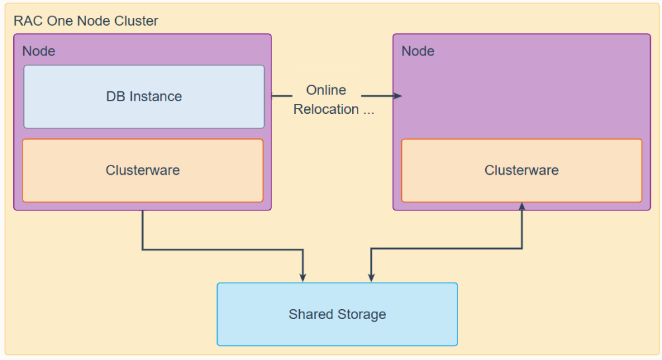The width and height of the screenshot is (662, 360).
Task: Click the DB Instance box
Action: [144, 97]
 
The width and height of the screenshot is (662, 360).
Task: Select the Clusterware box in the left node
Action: [143, 171]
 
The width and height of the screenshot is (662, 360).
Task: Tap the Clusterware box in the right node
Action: [522, 171]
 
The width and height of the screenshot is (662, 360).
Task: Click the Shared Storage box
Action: [338, 314]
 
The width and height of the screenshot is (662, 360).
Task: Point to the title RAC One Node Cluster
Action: [85, 21]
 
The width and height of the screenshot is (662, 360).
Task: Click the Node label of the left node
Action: [39, 51]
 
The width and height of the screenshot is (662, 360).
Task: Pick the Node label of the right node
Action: [418, 51]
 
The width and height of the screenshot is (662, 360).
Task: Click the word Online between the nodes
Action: [326, 90]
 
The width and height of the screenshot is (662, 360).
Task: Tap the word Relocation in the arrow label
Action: [326, 109]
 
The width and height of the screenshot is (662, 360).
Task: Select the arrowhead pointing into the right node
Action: [398, 96]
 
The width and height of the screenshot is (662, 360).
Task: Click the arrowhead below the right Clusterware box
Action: [522, 206]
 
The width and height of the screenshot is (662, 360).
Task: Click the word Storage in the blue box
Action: [361, 314]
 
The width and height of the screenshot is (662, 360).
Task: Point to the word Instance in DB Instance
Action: [156, 97]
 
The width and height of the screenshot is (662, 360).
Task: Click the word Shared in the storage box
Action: [311, 314]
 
